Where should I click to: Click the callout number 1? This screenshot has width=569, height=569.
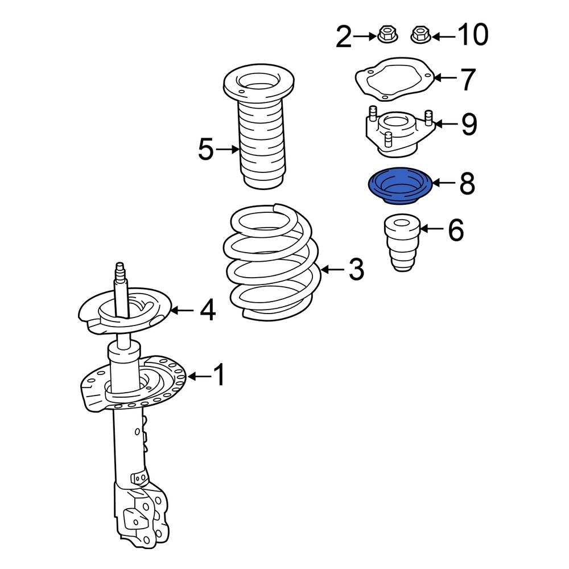point(218,376)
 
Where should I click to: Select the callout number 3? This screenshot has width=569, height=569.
point(356,269)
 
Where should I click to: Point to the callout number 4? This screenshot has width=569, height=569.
point(208,311)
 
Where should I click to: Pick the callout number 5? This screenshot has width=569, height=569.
point(205,150)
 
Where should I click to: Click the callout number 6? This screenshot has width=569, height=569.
point(455,230)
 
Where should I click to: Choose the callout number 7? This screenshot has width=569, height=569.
point(467,79)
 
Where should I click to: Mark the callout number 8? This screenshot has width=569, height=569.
point(467,183)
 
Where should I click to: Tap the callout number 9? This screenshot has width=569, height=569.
point(468,124)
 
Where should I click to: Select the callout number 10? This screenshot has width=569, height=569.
point(472,36)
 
